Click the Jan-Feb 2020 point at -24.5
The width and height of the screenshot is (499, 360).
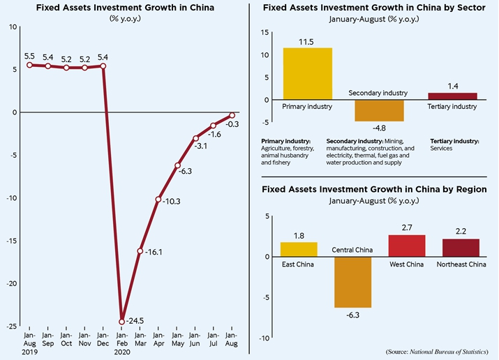[x=122, y=322]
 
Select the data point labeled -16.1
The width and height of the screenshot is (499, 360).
[x=140, y=250]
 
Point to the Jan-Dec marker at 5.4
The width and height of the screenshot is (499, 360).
[x=103, y=66]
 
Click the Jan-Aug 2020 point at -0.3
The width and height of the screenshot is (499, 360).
[x=232, y=115]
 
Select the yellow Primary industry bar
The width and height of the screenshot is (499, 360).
[x=307, y=73]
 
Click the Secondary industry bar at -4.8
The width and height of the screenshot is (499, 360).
[x=378, y=110]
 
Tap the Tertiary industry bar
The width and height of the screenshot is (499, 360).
[x=452, y=96]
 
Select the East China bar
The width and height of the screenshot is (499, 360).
[x=299, y=249]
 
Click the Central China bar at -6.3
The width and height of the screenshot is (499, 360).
[x=352, y=282]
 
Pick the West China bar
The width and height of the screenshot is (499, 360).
[x=406, y=246]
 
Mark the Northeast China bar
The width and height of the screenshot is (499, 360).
[x=460, y=248]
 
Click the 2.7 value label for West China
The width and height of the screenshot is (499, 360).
[x=406, y=227]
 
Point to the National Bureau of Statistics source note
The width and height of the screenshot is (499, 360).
[x=440, y=351]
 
